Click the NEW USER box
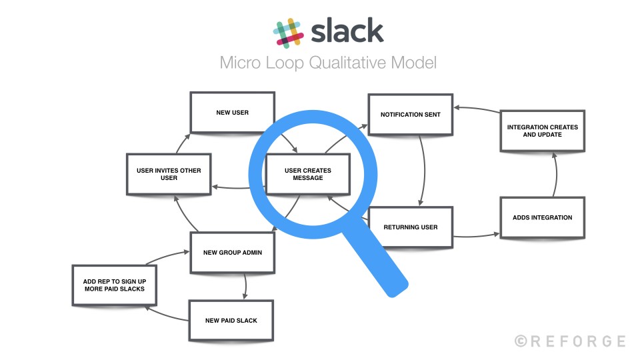point(232,113)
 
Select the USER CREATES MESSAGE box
point(307,174)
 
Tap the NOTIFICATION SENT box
point(410,115)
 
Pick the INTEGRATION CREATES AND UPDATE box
point(543,130)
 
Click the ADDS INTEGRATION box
point(542,217)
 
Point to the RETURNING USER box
point(410,227)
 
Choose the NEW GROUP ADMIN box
point(232,253)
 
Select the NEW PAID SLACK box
point(231,321)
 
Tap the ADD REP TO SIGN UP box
point(109,285)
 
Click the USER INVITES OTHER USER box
point(169,174)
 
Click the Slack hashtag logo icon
point(288,32)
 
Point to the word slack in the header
point(347,31)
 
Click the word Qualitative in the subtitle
point(352,63)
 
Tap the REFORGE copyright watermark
point(570,341)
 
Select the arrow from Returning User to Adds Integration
point(476,235)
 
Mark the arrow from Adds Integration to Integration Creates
point(557,175)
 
